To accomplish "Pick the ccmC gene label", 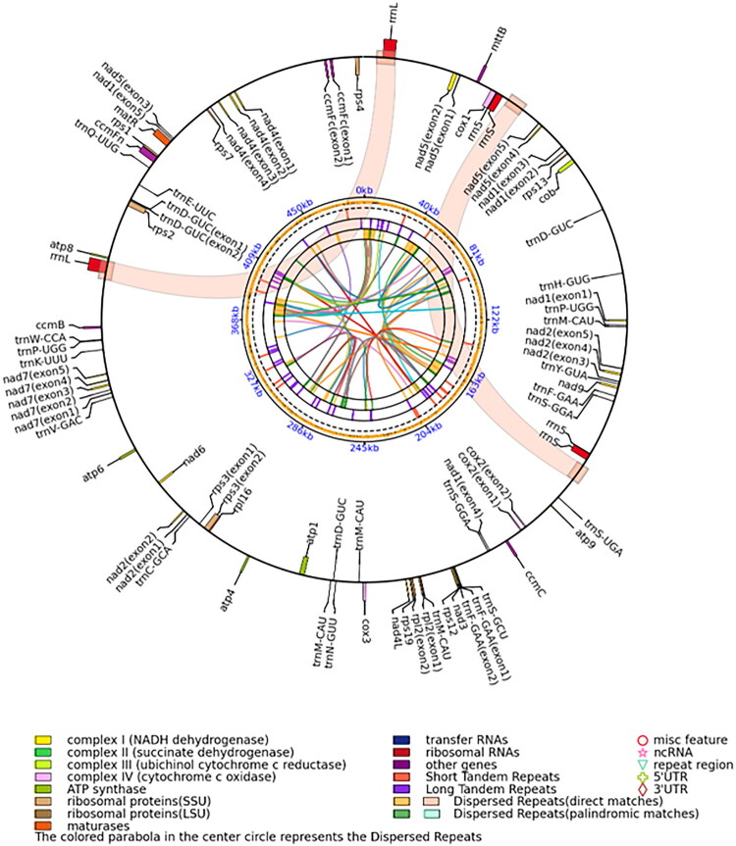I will click(533, 574).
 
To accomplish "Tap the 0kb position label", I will click(365, 189).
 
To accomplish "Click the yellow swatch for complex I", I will click(43, 739).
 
